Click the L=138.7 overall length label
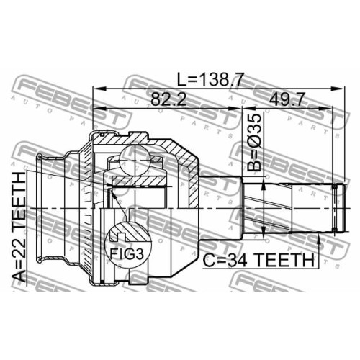click(210, 79)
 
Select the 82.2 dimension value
click(168, 99)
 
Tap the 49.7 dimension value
click(287, 99)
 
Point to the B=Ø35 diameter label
click(254, 142)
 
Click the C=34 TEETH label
click(258, 260)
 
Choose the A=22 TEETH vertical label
click(19, 227)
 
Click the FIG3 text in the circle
click(127, 254)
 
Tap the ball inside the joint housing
click(135, 161)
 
